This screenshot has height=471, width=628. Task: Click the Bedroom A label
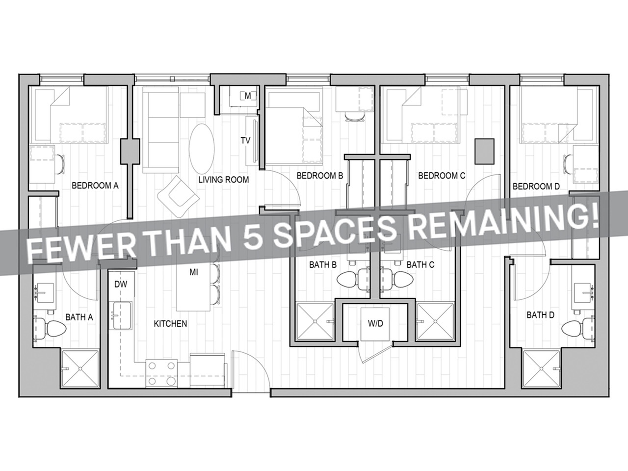[x=95, y=185]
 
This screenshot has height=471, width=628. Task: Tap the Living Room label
[x=223, y=180]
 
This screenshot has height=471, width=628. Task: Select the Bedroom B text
[x=319, y=175]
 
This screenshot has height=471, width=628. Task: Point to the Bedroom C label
[x=441, y=175]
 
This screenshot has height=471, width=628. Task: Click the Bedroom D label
[x=536, y=186]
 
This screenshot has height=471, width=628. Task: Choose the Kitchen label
[x=170, y=323]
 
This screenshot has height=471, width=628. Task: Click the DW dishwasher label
[x=121, y=284]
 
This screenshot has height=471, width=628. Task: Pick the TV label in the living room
[x=245, y=141]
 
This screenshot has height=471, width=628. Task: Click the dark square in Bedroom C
[x=484, y=151]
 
